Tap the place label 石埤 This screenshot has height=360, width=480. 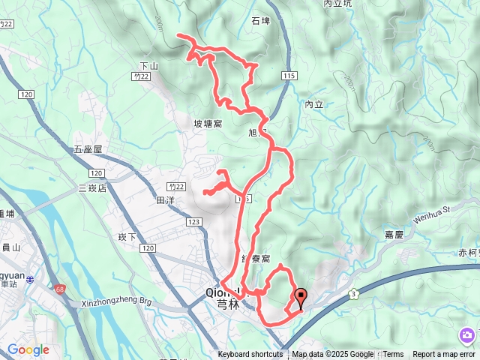click(261, 21)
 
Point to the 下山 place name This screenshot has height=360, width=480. click(150, 66)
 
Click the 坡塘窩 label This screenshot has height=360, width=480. click(208, 124)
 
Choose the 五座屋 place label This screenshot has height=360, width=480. click(88, 150)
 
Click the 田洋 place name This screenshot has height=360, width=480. click(165, 201)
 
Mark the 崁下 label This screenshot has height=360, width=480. click(126, 237)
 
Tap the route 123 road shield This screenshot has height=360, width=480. click(193, 223)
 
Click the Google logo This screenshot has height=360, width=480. click(28, 349)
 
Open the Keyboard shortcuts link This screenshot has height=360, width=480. click(250, 355)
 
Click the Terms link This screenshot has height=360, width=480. click(393, 355)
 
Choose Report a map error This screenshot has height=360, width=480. click(444, 355)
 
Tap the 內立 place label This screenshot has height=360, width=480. click(314, 104)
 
